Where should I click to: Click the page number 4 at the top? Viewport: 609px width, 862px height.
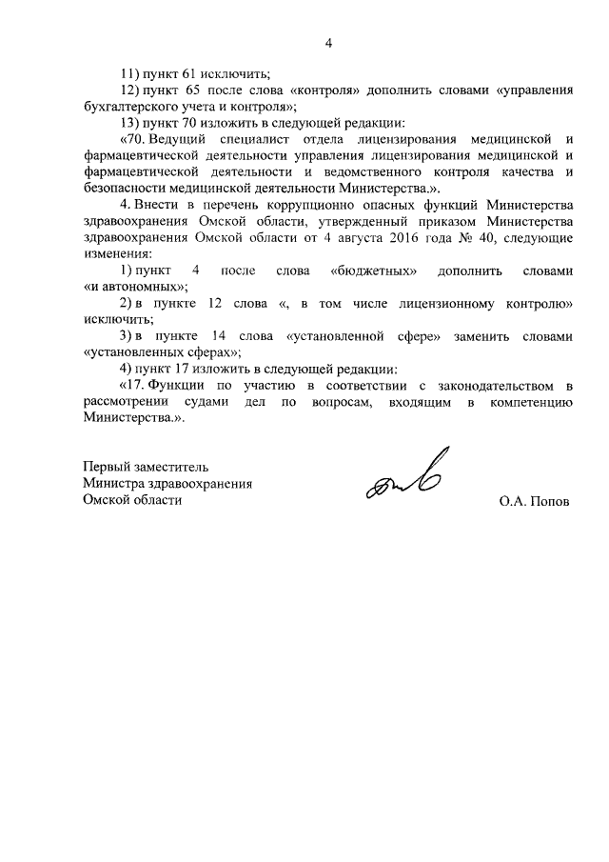point(328,43)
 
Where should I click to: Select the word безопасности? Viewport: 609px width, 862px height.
point(124,188)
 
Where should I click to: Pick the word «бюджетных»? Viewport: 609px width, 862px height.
point(378,271)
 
